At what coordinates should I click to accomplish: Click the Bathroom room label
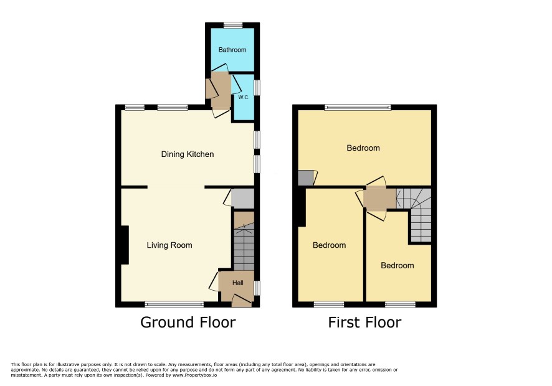232,50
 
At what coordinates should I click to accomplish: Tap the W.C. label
244,98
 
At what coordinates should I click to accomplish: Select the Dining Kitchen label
188,154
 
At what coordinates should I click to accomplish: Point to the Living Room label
169,245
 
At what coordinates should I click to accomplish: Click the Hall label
237,283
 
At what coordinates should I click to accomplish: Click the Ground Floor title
188,322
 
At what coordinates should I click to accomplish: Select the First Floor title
364,322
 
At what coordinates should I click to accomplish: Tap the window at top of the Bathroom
233,26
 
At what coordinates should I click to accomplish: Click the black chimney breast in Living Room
125,245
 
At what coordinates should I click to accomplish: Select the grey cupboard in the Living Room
242,199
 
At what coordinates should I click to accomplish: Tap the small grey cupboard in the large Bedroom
305,178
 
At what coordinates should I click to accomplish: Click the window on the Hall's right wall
257,288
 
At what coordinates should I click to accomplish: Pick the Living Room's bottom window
174,304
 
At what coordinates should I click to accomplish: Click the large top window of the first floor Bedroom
358,107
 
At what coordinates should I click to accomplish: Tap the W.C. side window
257,88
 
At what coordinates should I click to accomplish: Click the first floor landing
379,199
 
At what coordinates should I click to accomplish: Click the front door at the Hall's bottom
242,301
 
